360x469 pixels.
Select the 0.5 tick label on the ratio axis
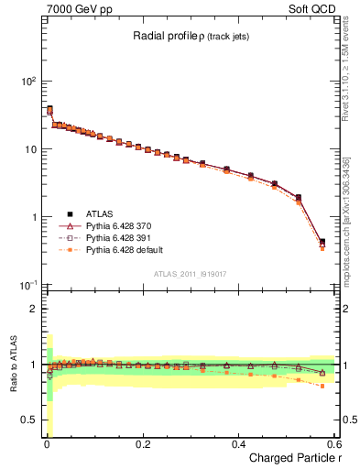click(x=29, y=420)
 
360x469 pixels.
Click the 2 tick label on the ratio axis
click(x=35, y=309)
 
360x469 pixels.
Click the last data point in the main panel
click(x=322, y=243)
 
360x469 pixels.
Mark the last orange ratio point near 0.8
click(x=322, y=387)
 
